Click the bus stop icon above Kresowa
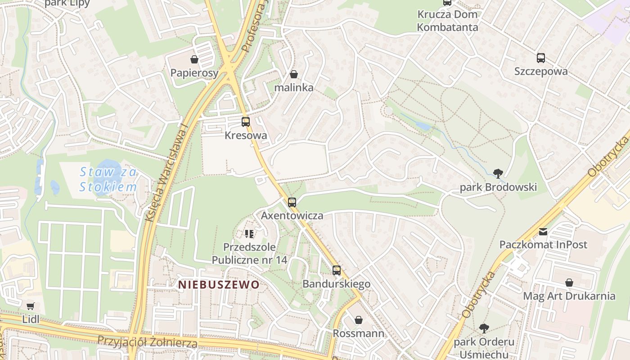[x=245, y=121]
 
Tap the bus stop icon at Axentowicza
[x=292, y=202]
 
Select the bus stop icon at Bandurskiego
[x=337, y=270]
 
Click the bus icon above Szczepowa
[x=541, y=58]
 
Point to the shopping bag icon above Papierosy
[x=194, y=59]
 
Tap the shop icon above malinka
[x=294, y=74]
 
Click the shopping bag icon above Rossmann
[x=359, y=320]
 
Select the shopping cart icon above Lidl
[x=30, y=306]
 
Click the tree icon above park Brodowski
[x=498, y=173]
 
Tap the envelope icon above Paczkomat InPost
[x=543, y=232]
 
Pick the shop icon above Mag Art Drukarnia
[x=569, y=283]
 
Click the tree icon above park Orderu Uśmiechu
[x=484, y=328]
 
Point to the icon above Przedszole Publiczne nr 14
[x=249, y=234]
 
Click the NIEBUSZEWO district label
[x=219, y=284]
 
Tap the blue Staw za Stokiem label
[x=108, y=179]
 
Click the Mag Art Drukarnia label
[x=569, y=296]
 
